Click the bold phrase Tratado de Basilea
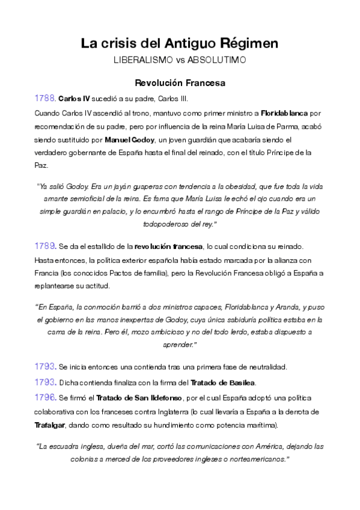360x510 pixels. coord(223,382)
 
